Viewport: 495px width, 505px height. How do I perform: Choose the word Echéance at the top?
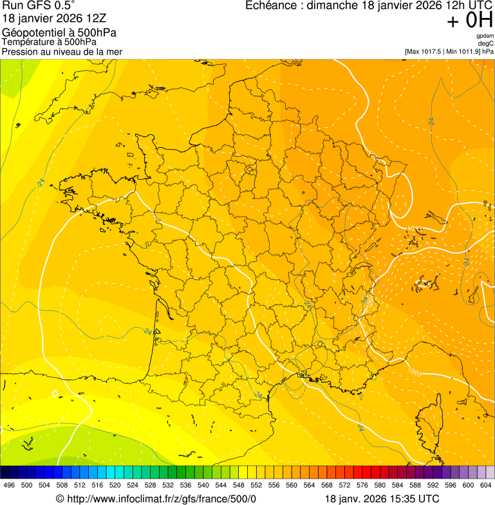pyautogui.click(x=274, y=6)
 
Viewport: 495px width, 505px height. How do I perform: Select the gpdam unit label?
pyautogui.click(x=485, y=36)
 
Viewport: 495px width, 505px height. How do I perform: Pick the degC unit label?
pyautogui.click(x=486, y=43)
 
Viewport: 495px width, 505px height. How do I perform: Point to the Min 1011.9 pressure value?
pyautogui.click(x=465, y=51)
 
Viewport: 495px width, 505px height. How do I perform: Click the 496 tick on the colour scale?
pyautogui.click(x=9, y=485)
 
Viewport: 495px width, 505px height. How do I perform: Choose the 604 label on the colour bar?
pyautogui.click(x=486, y=485)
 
